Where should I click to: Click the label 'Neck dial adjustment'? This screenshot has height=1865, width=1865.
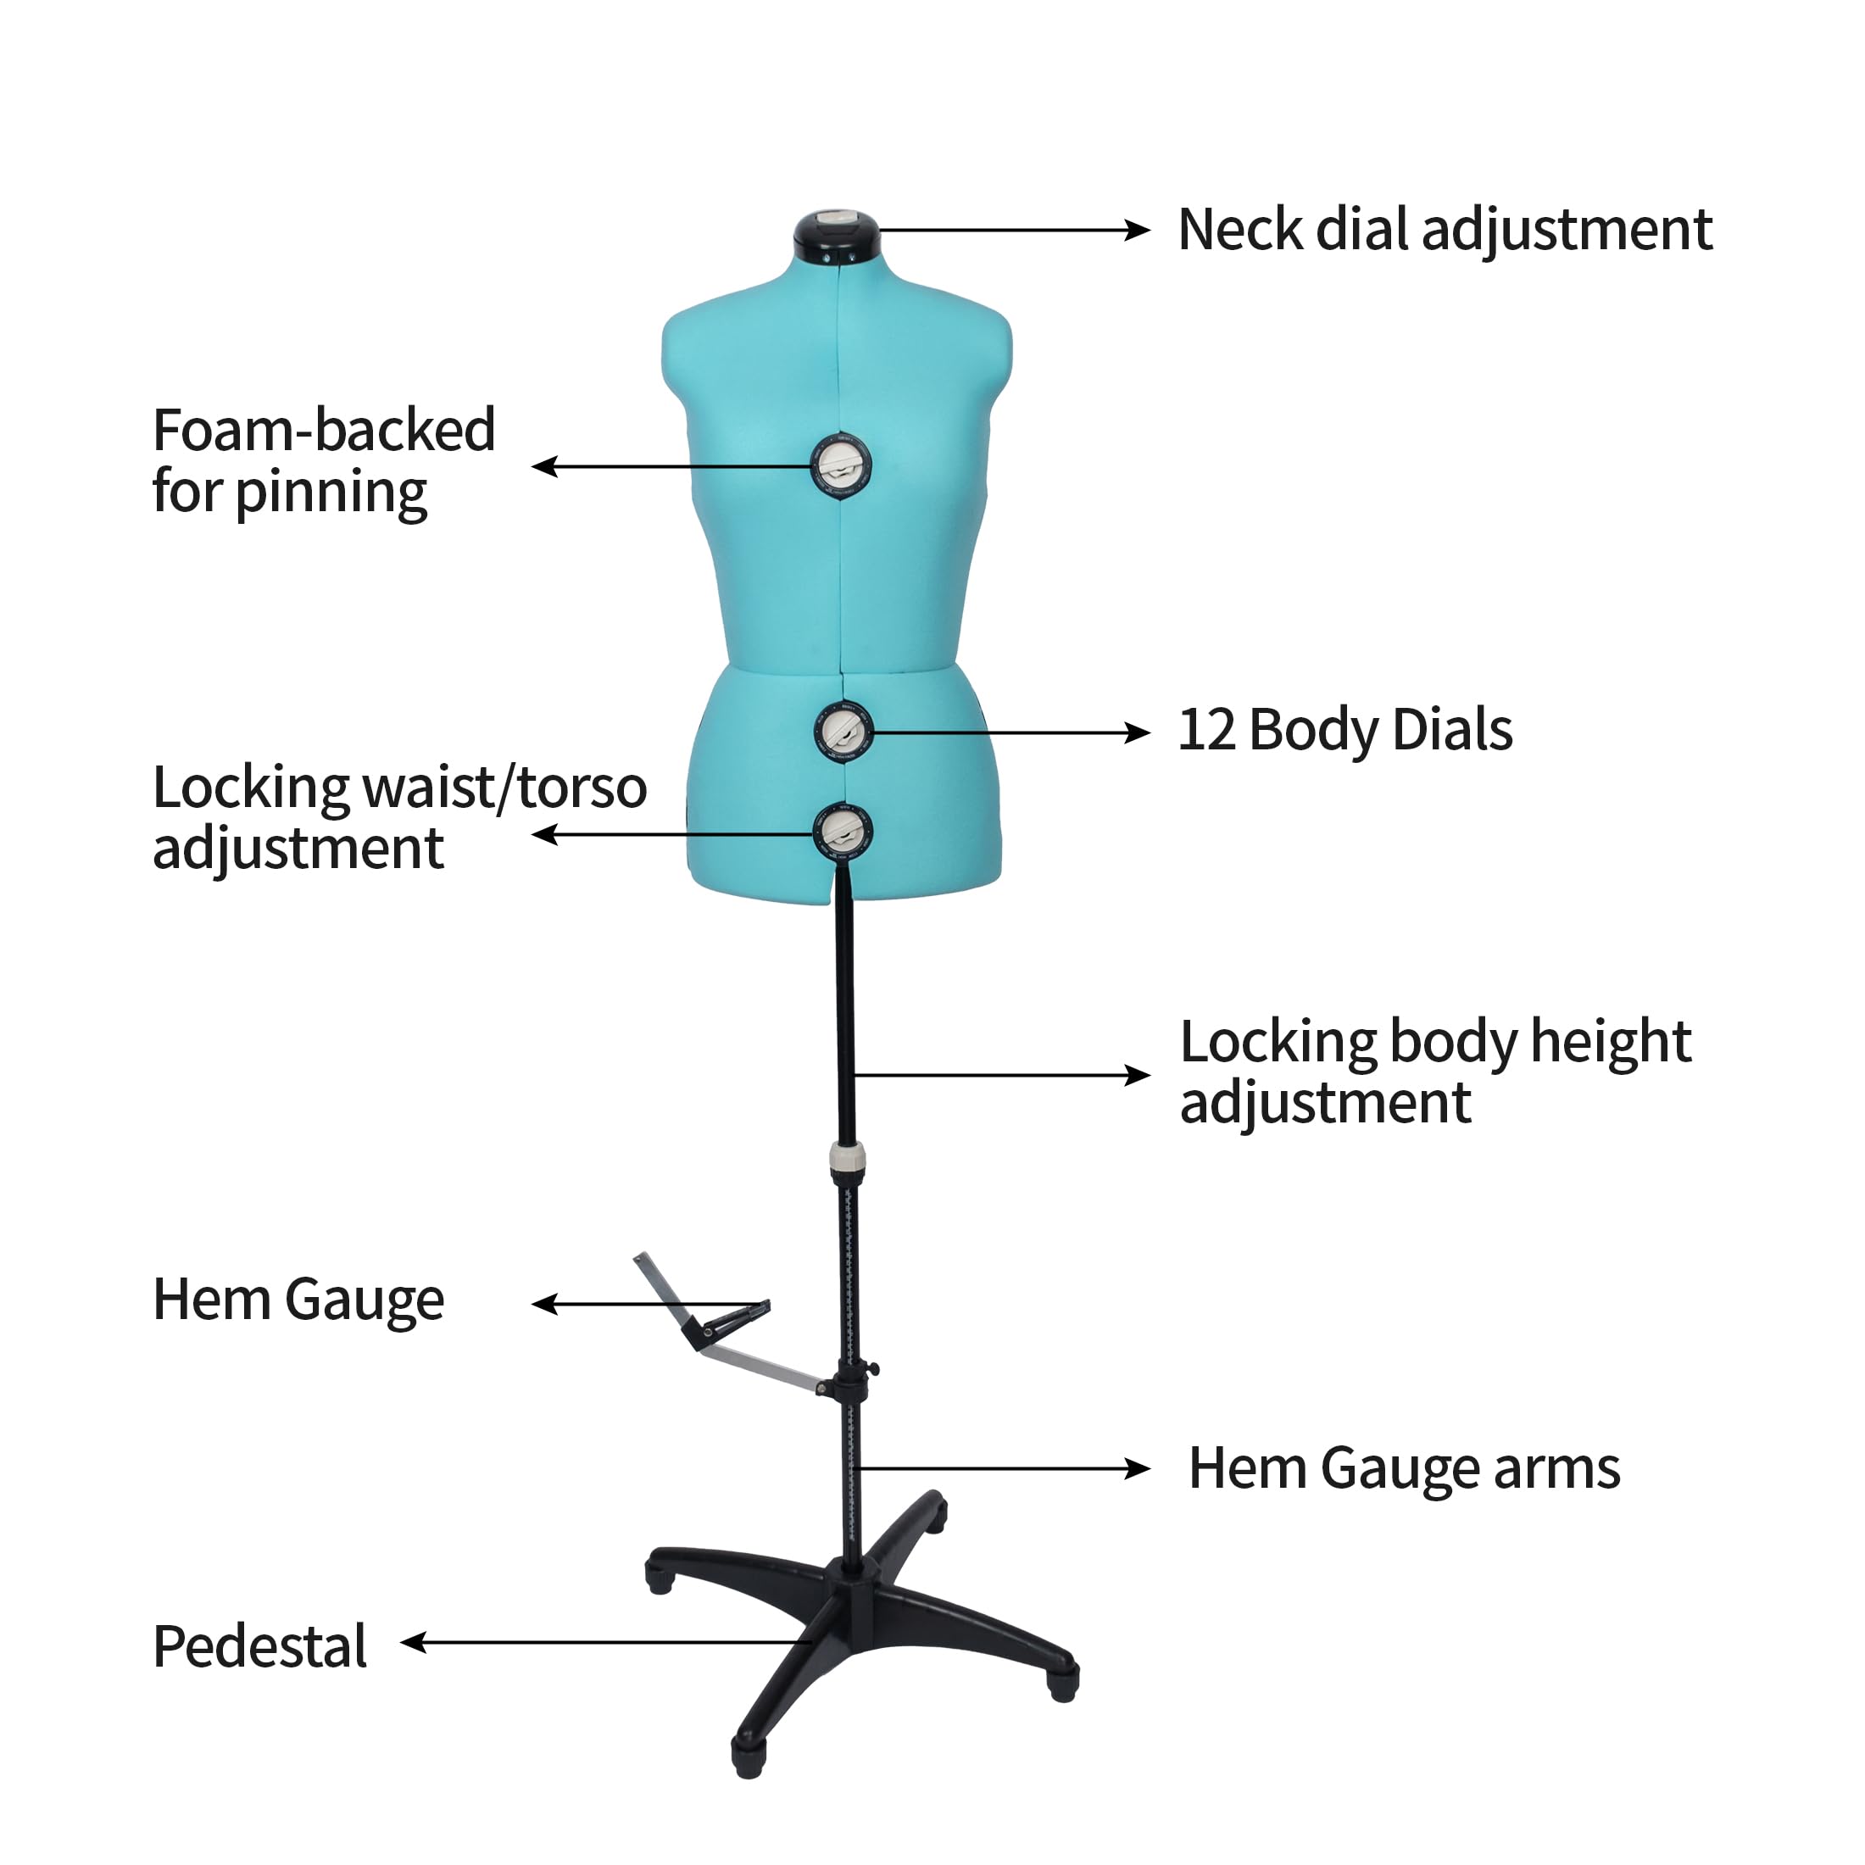[1445, 231]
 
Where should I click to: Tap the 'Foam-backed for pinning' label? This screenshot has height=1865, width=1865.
[323, 460]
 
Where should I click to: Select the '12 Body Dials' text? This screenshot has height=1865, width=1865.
[1344, 730]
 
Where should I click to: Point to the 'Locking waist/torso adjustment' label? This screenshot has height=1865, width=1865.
[398, 817]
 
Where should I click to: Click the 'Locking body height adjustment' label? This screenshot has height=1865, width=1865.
[1435, 1072]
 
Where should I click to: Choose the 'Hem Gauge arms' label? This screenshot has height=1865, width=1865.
[1404, 1468]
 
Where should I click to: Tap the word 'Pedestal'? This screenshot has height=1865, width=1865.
[259, 1646]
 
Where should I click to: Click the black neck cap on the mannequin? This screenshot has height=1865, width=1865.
[836, 235]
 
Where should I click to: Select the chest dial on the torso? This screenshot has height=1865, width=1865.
[841, 466]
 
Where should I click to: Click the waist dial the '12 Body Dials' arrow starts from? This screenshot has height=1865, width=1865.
[843, 732]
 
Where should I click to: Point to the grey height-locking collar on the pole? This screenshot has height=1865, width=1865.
[848, 1158]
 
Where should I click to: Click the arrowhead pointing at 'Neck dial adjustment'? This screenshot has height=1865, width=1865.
[1137, 230]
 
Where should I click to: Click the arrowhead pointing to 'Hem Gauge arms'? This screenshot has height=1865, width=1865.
[1137, 1469]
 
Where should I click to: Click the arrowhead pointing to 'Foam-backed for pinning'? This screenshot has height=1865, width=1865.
[545, 467]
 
